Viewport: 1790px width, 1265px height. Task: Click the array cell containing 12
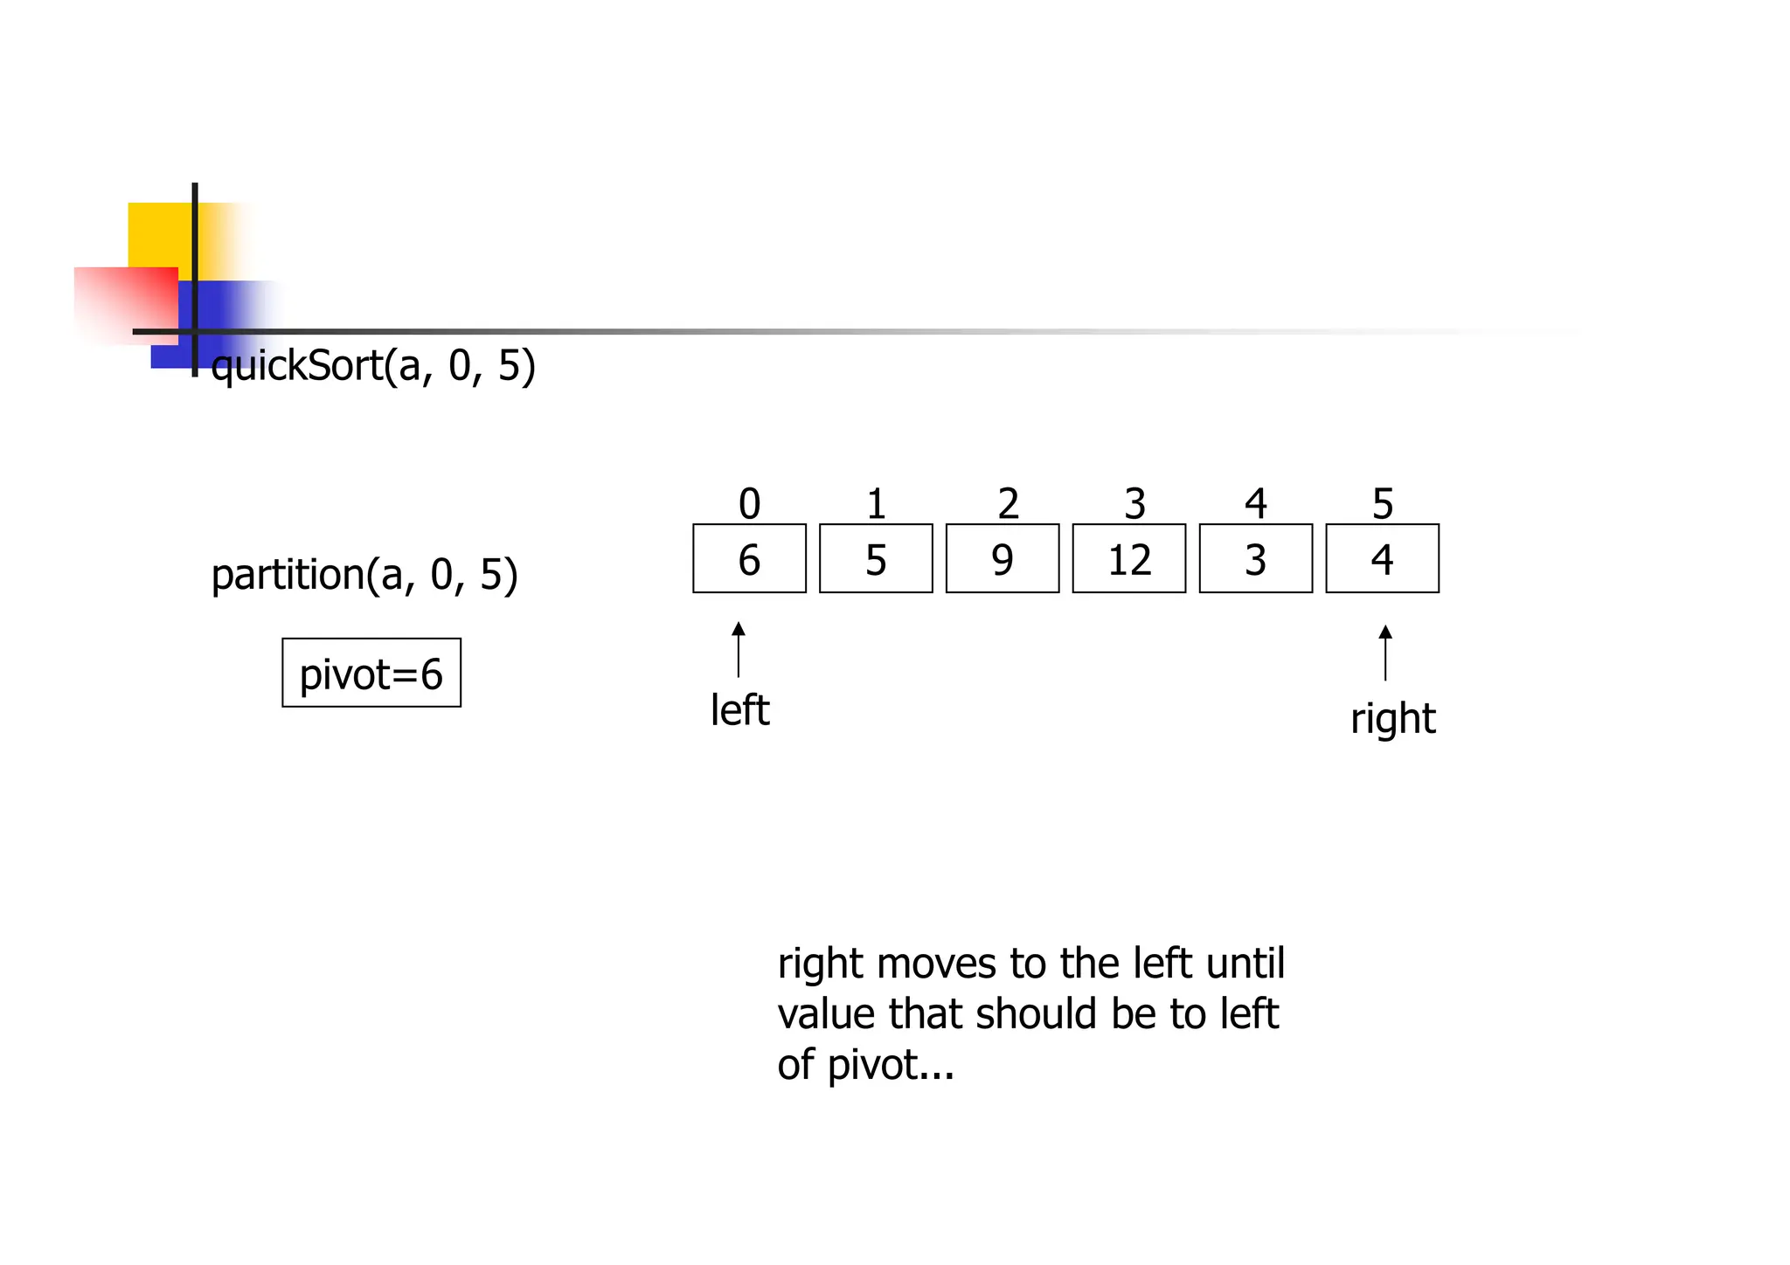pyautogui.click(x=1128, y=558)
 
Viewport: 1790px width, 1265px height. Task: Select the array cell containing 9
pyautogui.click(x=1002, y=558)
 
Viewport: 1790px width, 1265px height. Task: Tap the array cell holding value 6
pyautogui.click(x=749, y=558)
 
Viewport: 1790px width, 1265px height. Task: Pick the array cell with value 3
pyautogui.click(x=1255, y=558)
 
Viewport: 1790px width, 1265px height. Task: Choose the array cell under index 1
pyautogui.click(x=876, y=558)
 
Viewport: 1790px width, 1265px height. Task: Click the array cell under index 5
pyautogui.click(x=1382, y=558)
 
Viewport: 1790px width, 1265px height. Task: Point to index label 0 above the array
pyautogui.click(x=749, y=504)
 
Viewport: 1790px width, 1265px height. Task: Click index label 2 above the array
pyautogui.click(x=1008, y=504)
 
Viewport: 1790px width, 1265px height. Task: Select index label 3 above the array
pyautogui.click(x=1134, y=504)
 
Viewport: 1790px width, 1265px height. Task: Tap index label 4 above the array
pyautogui.click(x=1255, y=504)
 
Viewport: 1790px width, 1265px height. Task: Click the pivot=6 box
pyautogui.click(x=371, y=673)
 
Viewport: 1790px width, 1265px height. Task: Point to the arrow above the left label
pyautogui.click(x=739, y=649)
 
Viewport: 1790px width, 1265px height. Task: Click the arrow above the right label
pyautogui.click(x=1384, y=653)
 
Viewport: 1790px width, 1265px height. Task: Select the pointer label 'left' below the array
pyautogui.click(x=739, y=709)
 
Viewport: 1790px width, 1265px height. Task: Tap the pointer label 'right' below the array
pyautogui.click(x=1392, y=719)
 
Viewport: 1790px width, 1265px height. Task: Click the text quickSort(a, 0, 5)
pyautogui.click(x=373, y=365)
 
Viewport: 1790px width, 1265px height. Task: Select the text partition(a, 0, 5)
pyautogui.click(x=364, y=575)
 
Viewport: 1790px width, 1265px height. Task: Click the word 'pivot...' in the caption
pyautogui.click(x=890, y=1065)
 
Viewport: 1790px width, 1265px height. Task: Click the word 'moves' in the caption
pyautogui.click(x=936, y=964)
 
